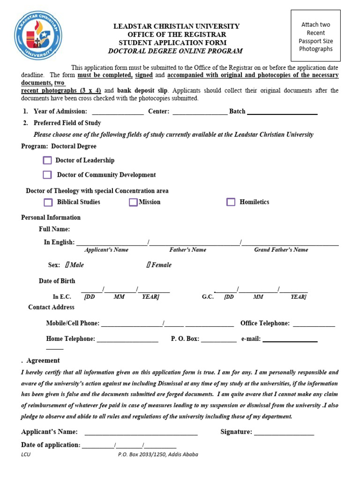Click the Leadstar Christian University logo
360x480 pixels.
coord(38,36)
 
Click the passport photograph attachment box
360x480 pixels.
coord(315,36)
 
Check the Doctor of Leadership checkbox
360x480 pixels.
coord(47,160)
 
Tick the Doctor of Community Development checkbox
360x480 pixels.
coord(47,175)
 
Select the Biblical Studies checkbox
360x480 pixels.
coord(48,202)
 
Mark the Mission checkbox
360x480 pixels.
coord(133,202)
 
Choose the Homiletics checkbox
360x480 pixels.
coord(231,202)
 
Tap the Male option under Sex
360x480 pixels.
coord(75,265)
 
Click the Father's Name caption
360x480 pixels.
coord(187,250)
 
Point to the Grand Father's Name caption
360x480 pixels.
coord(281,250)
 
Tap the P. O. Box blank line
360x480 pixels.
coord(219,339)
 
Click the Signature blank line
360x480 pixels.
coord(284,432)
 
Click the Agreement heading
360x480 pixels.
coord(43,360)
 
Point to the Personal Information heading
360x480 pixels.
coord(51,217)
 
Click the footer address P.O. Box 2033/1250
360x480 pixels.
coord(158,454)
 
